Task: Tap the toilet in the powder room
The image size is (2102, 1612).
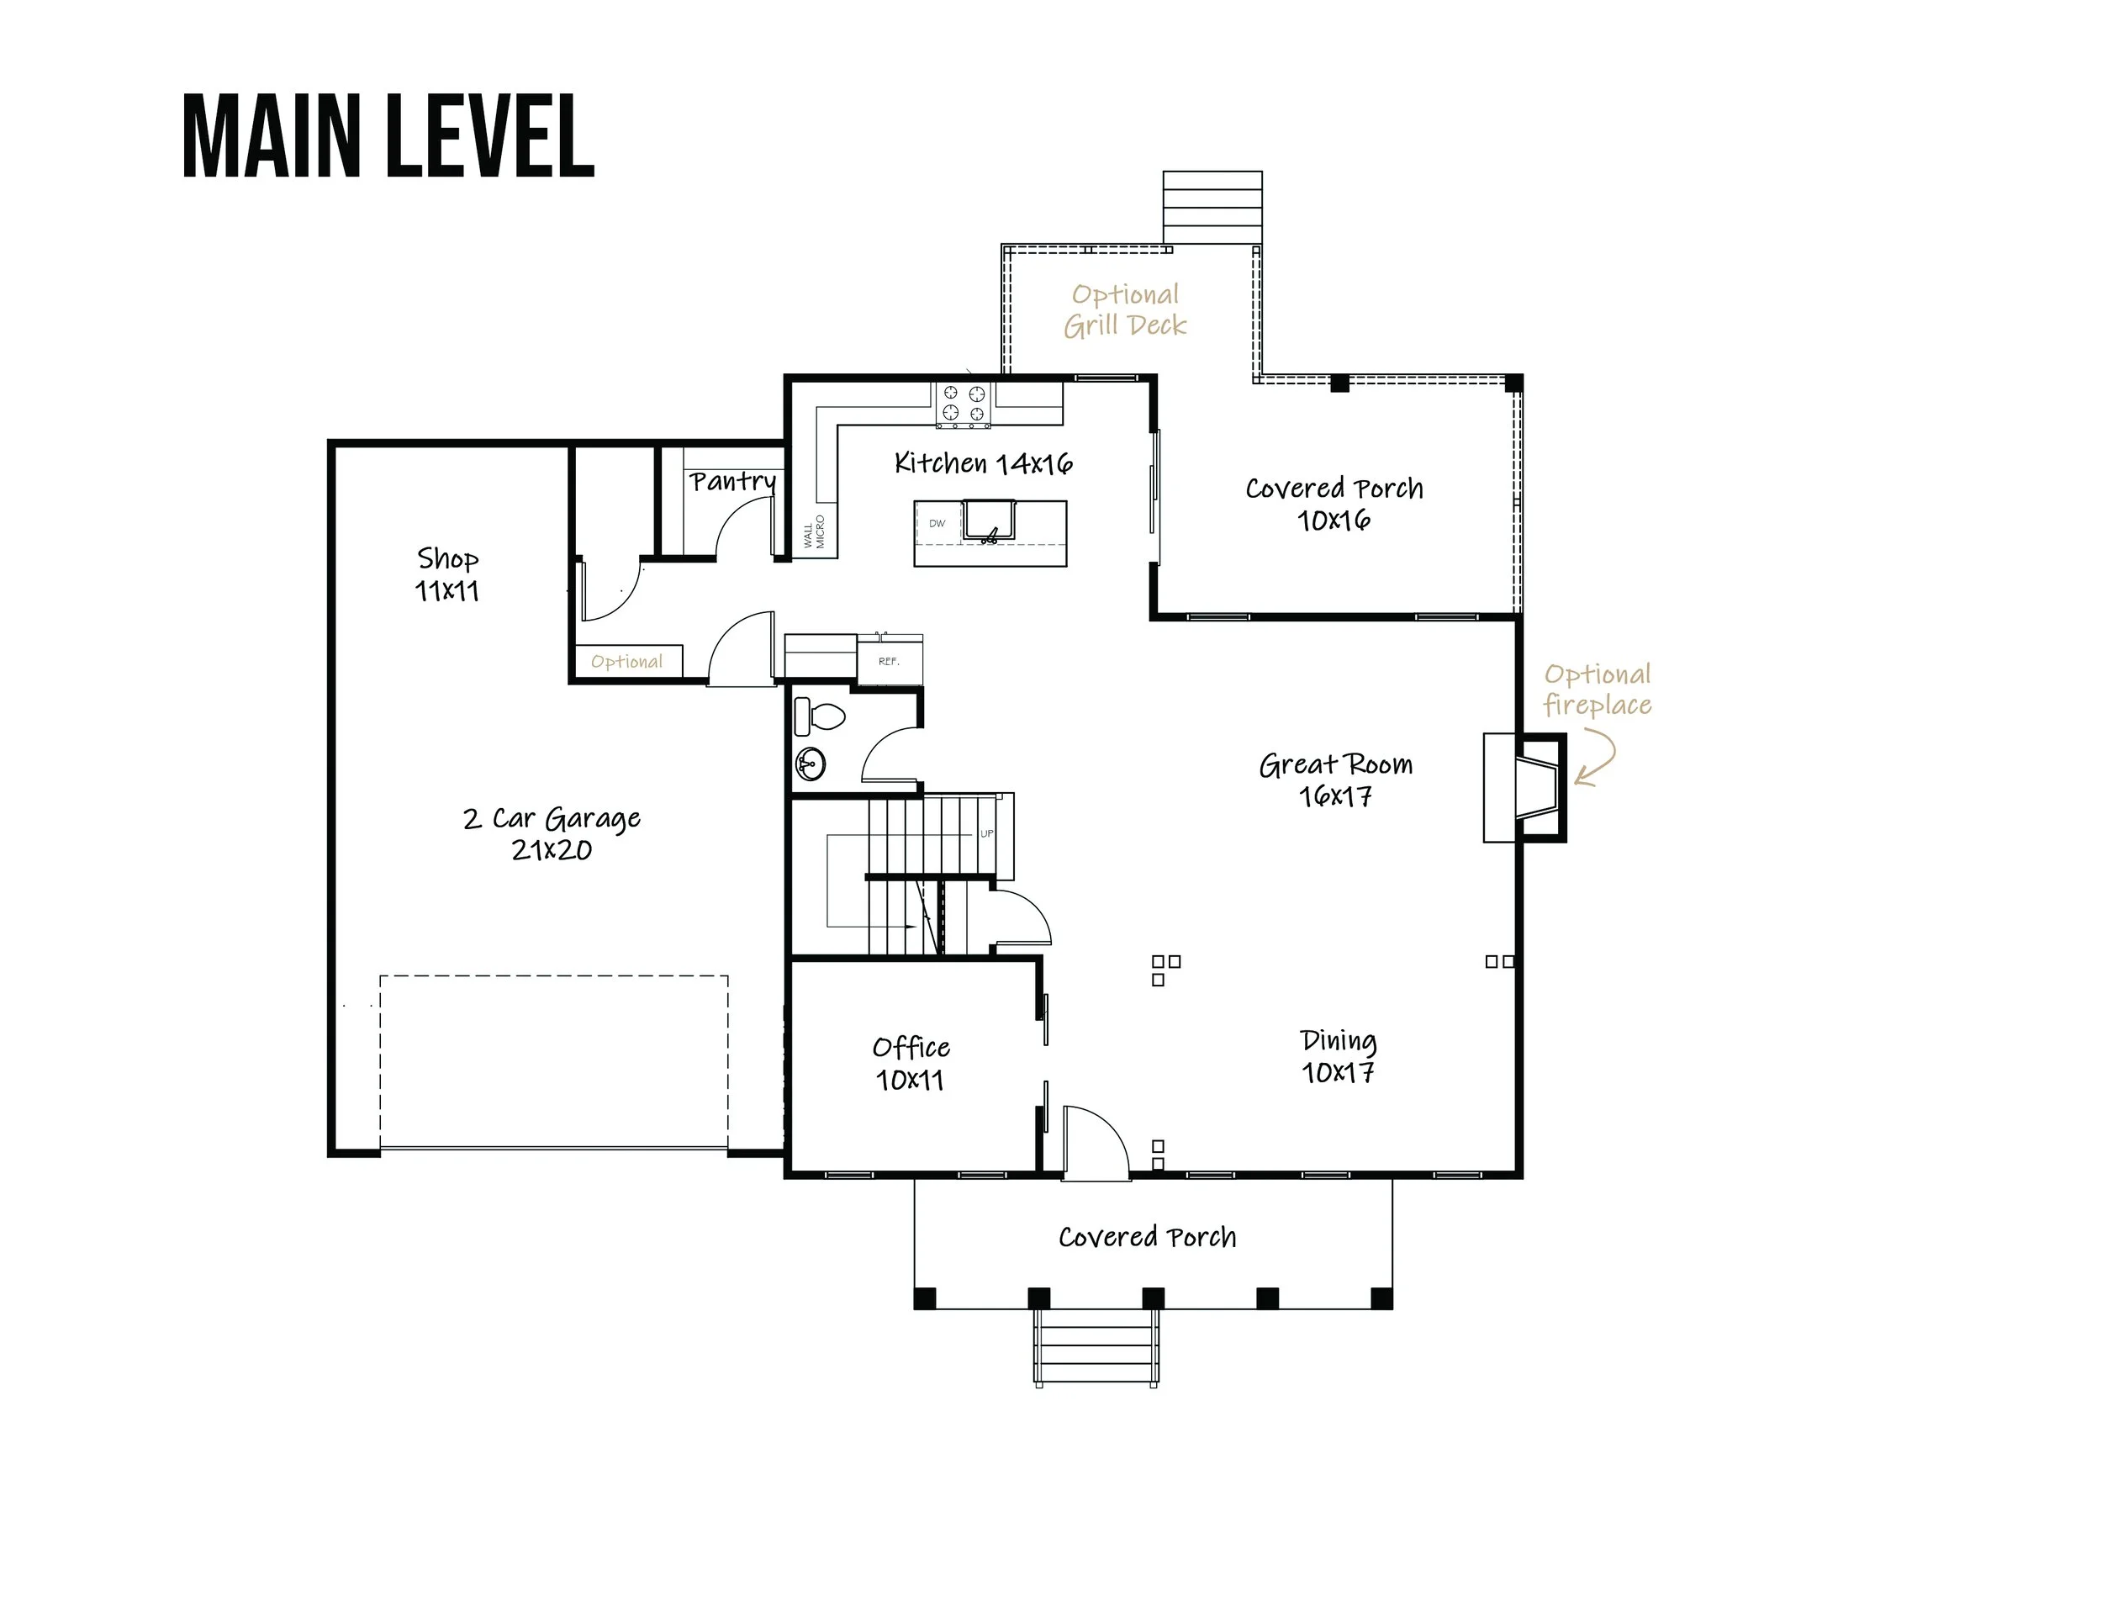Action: coord(821,716)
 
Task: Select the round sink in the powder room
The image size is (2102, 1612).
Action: coord(811,764)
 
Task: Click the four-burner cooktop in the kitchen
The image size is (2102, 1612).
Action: coord(964,404)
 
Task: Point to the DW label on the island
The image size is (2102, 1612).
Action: coord(937,524)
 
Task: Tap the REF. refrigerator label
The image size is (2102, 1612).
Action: coord(890,661)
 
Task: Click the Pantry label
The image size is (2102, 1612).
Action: coord(732,481)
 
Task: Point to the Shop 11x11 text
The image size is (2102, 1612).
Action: coord(447,573)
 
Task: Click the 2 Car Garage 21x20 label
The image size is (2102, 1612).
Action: coord(552,832)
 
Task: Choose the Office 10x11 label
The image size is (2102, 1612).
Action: coord(911,1062)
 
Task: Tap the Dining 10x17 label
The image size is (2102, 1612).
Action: coord(1339,1055)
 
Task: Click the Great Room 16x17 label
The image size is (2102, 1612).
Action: coord(1335,780)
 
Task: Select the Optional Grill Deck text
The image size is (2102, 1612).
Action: coord(1125,310)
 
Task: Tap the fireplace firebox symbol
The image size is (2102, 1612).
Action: coord(1536,788)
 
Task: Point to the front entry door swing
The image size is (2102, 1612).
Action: coord(1096,1142)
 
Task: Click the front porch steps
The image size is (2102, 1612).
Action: coord(1096,1348)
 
